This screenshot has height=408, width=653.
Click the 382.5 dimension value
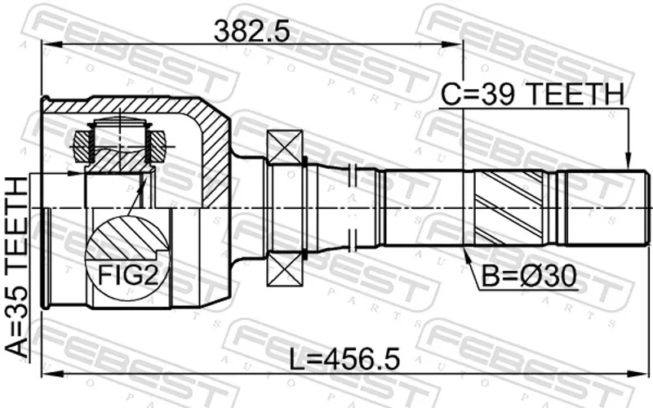click(251, 31)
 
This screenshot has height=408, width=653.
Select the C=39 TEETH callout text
click(533, 94)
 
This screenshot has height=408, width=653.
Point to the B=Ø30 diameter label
click(529, 276)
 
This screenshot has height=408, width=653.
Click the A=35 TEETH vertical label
click(16, 267)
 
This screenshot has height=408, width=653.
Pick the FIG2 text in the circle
click(128, 275)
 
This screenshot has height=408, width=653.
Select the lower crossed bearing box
click(285, 269)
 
